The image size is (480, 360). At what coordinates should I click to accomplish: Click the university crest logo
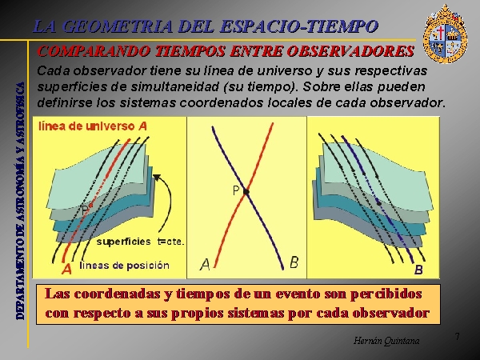point(445,34)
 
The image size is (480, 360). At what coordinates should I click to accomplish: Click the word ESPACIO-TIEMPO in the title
point(299,26)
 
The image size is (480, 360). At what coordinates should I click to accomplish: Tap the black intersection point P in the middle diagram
point(246,192)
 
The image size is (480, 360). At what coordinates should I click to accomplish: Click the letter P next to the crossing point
point(236,190)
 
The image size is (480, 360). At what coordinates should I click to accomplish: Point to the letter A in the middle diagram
point(205,265)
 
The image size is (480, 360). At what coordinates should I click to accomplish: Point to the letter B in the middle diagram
point(294,262)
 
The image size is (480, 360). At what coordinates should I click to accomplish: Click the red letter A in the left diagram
point(66,269)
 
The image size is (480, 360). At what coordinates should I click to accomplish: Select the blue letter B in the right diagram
point(418,270)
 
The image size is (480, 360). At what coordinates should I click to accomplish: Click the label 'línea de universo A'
point(93,126)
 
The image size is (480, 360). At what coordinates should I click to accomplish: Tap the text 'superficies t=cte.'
point(141,242)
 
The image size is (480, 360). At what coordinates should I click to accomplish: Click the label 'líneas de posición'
point(124,265)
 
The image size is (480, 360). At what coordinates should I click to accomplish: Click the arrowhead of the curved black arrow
point(157,178)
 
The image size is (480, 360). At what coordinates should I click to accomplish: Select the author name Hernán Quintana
point(386,341)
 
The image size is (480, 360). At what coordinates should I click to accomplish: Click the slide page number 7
point(457,337)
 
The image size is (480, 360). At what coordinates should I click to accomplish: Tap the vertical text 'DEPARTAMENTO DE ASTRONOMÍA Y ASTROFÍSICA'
point(20,201)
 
